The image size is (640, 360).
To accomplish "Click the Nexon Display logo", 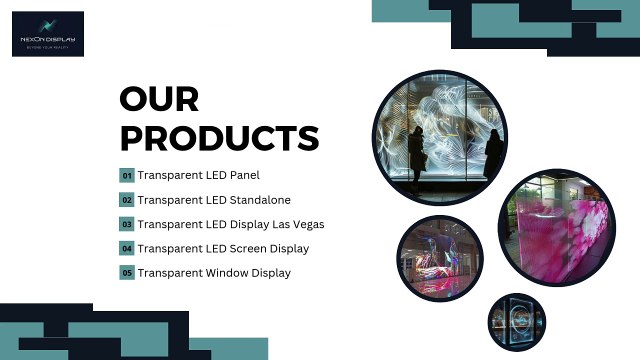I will coord(49,33).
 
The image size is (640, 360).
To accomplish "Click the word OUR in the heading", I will coord(159,100).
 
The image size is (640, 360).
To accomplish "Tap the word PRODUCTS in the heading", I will coord(219,137).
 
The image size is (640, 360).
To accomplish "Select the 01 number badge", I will coord(127,176).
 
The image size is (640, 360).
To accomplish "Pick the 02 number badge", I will coord(127,200).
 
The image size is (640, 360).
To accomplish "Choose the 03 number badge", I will coord(127,224).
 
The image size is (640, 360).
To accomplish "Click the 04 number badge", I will coord(127,248).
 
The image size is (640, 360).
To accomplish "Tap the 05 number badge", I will coord(127,272).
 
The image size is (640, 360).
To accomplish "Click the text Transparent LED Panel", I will coord(198,176).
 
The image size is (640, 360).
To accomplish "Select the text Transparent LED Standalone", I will coord(214,200).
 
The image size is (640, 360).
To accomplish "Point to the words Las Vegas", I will coord(297,224).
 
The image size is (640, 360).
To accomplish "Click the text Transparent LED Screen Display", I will coord(223,248).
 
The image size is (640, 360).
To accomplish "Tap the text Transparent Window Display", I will coord(214,272).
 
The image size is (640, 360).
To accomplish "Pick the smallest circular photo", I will coord(517,322).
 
